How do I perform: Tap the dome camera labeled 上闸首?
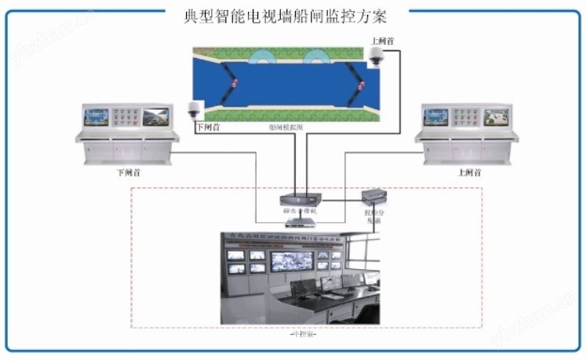[x=376, y=54]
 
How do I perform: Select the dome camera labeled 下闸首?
[x=195, y=110]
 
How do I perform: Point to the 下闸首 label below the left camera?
[x=206, y=125]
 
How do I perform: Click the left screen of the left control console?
[x=98, y=117]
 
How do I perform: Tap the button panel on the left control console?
[x=126, y=117]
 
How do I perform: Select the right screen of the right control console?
[x=495, y=117]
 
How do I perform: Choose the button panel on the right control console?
[x=466, y=117]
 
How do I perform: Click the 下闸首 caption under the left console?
[x=123, y=170]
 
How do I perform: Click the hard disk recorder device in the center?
[x=299, y=199]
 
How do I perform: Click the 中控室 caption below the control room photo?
[x=299, y=333]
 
